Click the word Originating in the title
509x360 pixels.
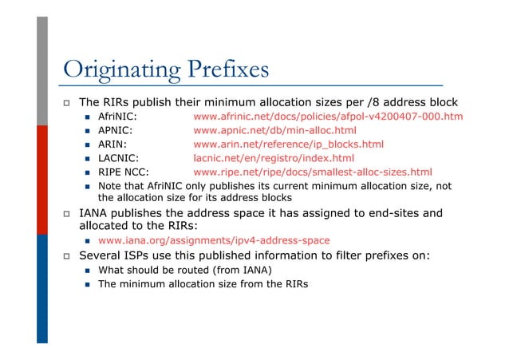point(121,70)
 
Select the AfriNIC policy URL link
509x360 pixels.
point(328,117)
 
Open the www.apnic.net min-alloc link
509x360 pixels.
point(274,130)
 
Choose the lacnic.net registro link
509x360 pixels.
point(274,157)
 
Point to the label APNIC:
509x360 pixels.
point(115,130)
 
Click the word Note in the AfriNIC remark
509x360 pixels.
point(109,185)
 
